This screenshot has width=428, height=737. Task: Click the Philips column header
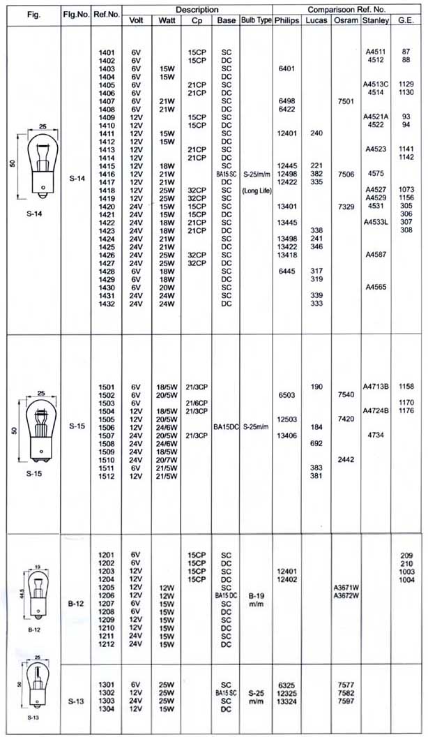click(x=286, y=21)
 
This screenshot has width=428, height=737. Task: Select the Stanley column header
click(x=376, y=21)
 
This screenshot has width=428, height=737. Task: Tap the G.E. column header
click(x=405, y=21)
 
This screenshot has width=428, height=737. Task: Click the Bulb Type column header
click(x=255, y=21)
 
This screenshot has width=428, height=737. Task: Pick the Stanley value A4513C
click(x=376, y=84)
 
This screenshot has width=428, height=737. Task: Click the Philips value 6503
click(x=286, y=394)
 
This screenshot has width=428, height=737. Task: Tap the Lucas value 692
click(x=316, y=443)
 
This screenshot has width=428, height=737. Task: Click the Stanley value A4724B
click(x=376, y=410)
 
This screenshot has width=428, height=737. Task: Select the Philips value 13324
click(x=286, y=701)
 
